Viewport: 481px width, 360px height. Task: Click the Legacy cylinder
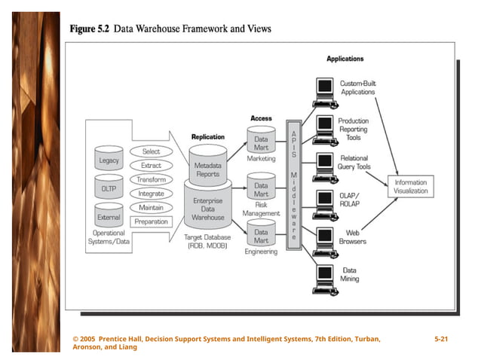point(109,160)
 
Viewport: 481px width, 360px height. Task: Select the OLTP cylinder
point(109,188)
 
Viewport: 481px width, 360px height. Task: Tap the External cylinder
point(109,215)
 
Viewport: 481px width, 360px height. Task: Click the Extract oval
point(151,166)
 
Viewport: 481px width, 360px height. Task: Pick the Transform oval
point(151,180)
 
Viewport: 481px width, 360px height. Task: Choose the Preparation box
point(151,222)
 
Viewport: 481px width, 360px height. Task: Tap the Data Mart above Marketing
point(261,142)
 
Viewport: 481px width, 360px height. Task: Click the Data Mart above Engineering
point(261,236)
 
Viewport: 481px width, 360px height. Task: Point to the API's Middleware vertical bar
point(293,185)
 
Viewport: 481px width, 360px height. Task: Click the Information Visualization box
point(410,186)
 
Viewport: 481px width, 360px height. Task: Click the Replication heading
point(207,137)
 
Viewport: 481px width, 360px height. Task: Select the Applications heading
point(345,59)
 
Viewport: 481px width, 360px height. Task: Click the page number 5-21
point(442,340)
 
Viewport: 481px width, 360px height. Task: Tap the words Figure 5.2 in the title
point(89,29)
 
